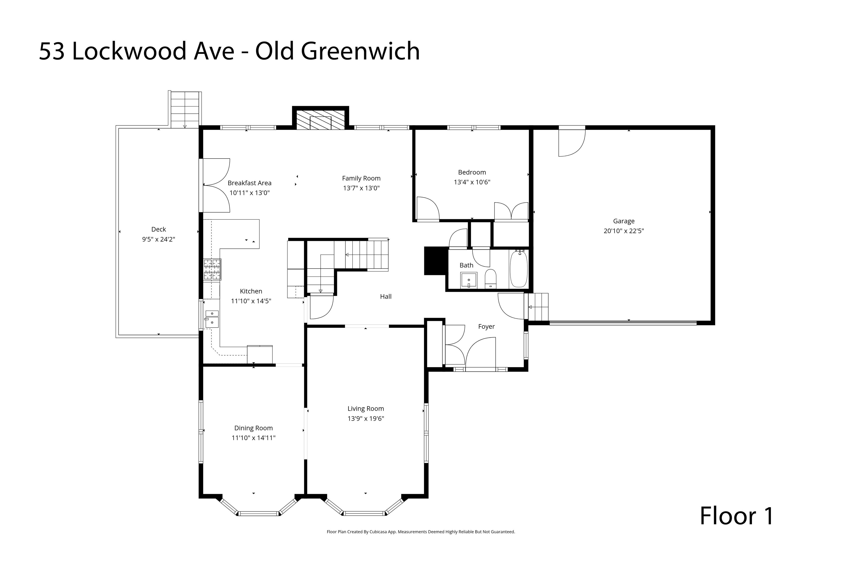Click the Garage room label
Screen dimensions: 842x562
(624, 221)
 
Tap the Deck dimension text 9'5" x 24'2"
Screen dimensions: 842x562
(159, 239)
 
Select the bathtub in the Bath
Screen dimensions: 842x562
(518, 269)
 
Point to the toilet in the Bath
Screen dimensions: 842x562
(490, 279)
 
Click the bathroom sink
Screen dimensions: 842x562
(469, 280)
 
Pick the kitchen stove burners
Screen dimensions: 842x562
(212, 269)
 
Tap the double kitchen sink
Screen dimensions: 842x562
(212, 318)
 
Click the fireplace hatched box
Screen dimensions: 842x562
(320, 120)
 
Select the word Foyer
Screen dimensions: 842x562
(486, 326)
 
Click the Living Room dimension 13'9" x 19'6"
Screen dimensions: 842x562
(366, 418)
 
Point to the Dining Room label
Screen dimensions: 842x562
(254, 428)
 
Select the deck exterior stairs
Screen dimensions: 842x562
(185, 109)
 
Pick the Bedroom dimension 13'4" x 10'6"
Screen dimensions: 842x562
(472, 182)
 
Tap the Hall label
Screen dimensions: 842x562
(385, 296)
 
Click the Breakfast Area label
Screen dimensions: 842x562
(250, 183)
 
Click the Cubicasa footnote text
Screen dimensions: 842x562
(421, 532)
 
